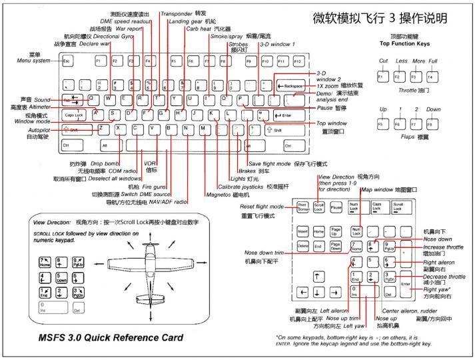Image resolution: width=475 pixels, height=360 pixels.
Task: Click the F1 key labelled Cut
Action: pyautogui.click(x=384, y=77)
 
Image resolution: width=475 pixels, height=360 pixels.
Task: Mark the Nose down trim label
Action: pyautogui.click(x=264, y=253)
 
